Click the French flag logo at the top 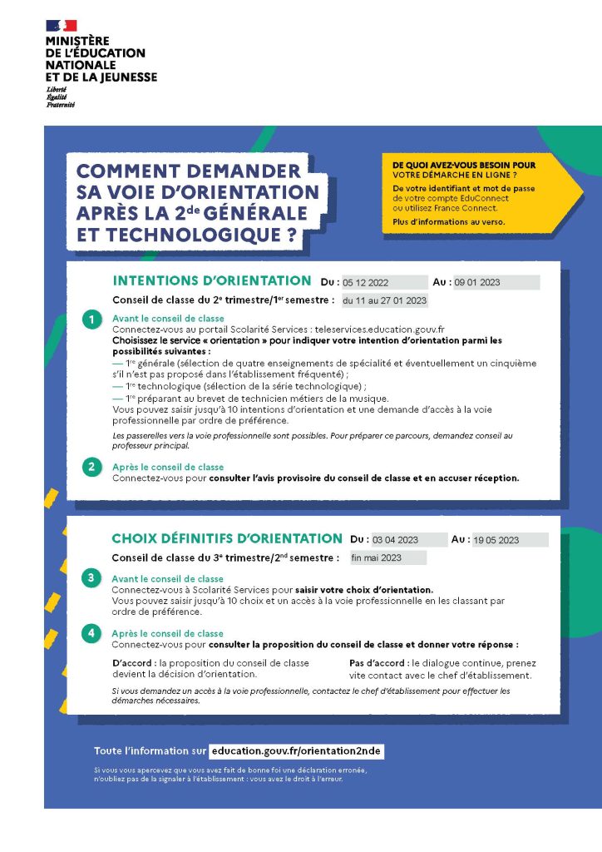pos(61,26)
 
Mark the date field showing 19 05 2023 pos(510,539)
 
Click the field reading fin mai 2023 pos(387,557)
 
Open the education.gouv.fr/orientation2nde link pos(296,750)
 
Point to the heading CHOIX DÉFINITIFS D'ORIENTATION pos(226,538)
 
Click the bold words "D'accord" pos(133,663)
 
